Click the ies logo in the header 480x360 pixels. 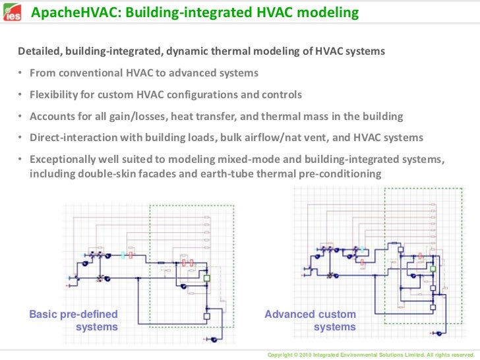pos(12,13)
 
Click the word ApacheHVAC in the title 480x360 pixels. pos(71,13)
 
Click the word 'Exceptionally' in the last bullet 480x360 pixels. pos(63,160)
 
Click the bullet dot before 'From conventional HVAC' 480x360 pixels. pos(20,73)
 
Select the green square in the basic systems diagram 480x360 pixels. pos(206,280)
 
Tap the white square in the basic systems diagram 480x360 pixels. pos(206,316)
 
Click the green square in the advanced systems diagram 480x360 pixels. pos(433,268)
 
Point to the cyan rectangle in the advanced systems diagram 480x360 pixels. pos(361,249)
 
